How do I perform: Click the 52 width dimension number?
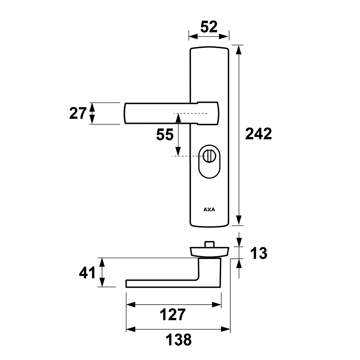coord(209,27)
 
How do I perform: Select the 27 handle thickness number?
coord(78,113)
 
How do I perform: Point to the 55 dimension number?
coord(165,134)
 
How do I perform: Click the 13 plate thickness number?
coord(258,253)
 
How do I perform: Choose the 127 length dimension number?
coord(173,315)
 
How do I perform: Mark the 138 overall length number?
coord(179,340)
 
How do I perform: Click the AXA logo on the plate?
coord(209,209)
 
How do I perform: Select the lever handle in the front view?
coord(172,113)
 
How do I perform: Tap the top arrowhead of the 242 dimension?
coord(239,50)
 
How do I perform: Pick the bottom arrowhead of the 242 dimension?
coord(239,220)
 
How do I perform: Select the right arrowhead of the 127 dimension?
coord(216,305)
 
